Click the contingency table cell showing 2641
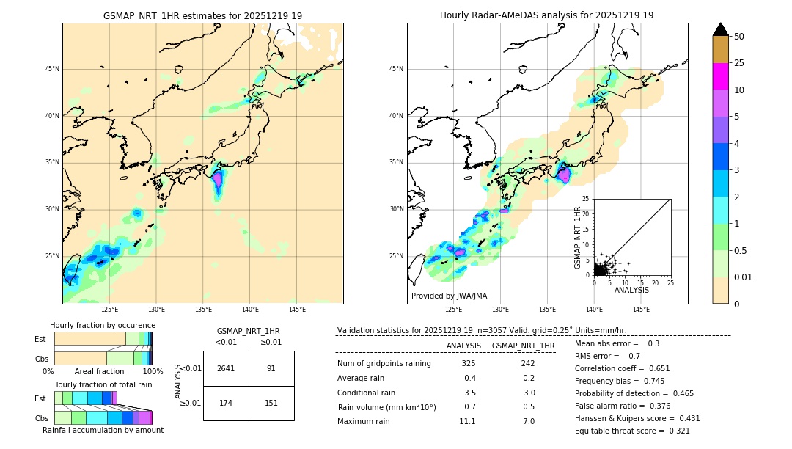pos(226,368)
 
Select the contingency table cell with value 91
pos(271,368)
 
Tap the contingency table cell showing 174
pos(226,403)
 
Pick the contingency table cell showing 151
pos(271,403)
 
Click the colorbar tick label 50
pos(739,37)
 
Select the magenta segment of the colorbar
pos(721,76)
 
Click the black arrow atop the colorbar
pos(721,29)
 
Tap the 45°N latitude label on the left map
pos(52,69)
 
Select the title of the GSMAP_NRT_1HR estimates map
pos(202,15)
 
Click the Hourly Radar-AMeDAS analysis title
pos(546,15)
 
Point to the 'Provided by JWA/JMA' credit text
pos(449,296)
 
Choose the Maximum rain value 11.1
pos(468,421)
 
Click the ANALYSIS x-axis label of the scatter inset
pos(631,291)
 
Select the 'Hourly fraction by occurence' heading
pos(103,325)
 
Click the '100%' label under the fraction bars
pos(153,371)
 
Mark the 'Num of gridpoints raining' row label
pos(384,363)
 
